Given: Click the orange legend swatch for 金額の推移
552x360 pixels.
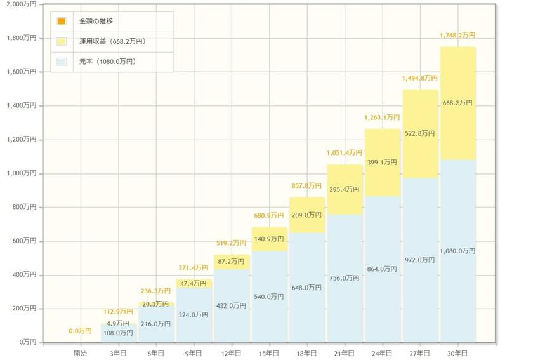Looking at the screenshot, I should pos(62,22).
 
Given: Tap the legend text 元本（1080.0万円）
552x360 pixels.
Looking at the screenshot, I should pos(112,62).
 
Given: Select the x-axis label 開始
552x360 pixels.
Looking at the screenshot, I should pos(81,352).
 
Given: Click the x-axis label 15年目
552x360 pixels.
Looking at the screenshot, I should pos(269,352).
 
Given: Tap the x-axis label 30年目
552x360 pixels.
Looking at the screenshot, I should pos(457,352).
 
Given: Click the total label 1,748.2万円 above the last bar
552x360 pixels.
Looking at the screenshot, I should pos(457,36).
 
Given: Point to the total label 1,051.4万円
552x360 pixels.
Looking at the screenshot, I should pos(345,153).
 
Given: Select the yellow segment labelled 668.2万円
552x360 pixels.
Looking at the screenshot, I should pos(457,103).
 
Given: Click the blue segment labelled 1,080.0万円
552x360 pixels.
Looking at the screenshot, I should pos(457,251).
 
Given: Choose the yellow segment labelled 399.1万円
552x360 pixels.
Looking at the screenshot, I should pos(382,163).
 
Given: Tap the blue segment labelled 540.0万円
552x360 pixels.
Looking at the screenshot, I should pos(269,297).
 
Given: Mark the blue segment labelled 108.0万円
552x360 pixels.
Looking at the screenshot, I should pos(119,333).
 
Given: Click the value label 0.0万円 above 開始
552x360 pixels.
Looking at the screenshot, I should pos(81,331).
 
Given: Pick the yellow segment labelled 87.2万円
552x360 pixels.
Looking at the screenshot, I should pos(232,262).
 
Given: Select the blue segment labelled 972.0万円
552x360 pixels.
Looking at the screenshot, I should pos(419,260).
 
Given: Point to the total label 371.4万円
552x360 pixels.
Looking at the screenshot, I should pos(194,269).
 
